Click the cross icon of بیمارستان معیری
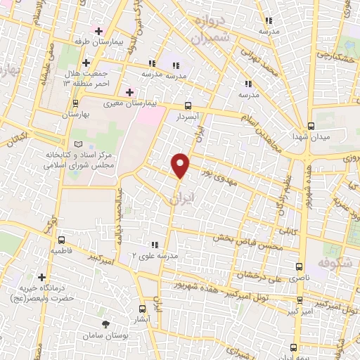tap(129, 92)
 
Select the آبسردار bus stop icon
tap(187, 103)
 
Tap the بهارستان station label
tap(78, 114)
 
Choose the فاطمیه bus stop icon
tap(61, 240)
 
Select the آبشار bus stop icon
tap(143, 308)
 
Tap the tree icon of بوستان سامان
tap(106, 324)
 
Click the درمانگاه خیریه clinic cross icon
tap(41, 278)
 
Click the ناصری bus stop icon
tap(300, 266)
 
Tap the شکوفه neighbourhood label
tap(334, 261)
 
